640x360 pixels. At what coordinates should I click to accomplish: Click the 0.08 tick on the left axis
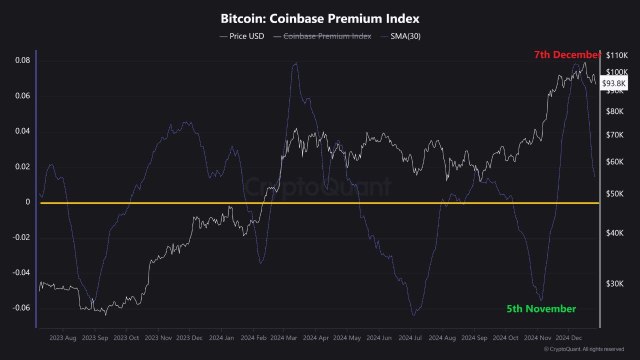[x=20, y=61]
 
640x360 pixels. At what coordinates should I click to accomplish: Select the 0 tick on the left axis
[x=26, y=202]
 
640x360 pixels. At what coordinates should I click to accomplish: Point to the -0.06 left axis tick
[x=18, y=307]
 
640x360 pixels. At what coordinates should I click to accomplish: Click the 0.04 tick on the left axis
[x=20, y=131]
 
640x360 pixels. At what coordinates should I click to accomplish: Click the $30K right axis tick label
[x=614, y=284]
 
